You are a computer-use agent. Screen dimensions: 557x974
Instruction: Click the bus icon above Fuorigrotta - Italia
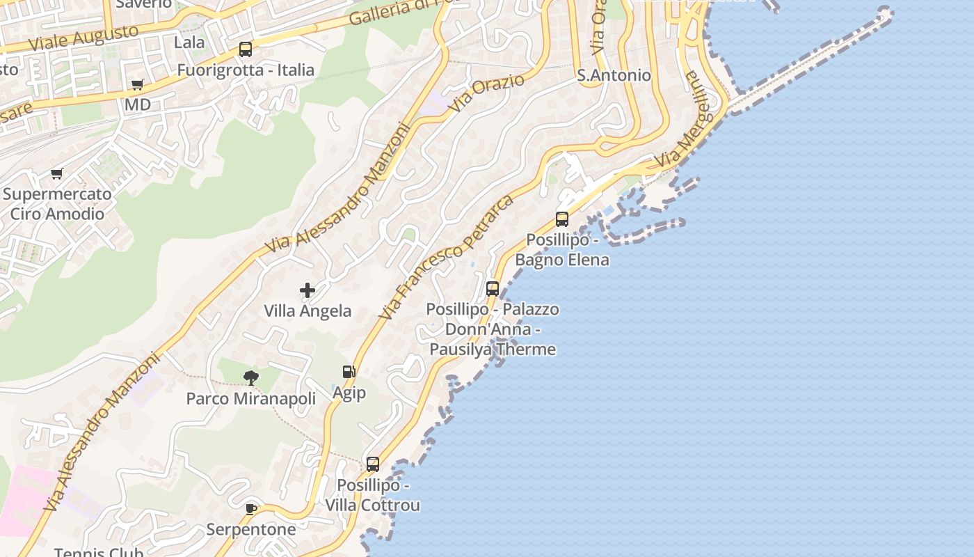pyautogui.click(x=246, y=49)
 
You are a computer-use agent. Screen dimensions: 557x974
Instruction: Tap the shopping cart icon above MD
pyautogui.click(x=138, y=84)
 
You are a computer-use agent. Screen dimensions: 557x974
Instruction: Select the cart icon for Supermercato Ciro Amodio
pyautogui.click(x=56, y=173)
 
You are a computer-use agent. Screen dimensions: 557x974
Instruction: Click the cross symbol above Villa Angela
pyautogui.click(x=308, y=290)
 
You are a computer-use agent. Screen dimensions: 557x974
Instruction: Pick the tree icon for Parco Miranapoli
pyautogui.click(x=251, y=378)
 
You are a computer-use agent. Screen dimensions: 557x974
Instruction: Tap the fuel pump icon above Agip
pyautogui.click(x=349, y=372)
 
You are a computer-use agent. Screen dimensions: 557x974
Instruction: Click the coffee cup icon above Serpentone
pyautogui.click(x=251, y=509)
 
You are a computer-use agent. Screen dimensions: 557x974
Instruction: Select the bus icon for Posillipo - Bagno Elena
pyautogui.click(x=562, y=219)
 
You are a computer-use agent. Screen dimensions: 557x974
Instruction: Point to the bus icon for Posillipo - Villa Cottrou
pyautogui.click(x=373, y=464)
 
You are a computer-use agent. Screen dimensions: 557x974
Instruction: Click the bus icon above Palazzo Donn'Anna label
pyautogui.click(x=493, y=288)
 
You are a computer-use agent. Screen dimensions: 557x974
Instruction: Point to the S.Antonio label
pyautogui.click(x=614, y=75)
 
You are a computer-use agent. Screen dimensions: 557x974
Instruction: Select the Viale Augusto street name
pyautogui.click(x=83, y=38)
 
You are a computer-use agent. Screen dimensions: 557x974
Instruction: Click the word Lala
pyautogui.click(x=189, y=42)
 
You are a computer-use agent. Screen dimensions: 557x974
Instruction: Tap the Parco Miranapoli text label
pyautogui.click(x=250, y=399)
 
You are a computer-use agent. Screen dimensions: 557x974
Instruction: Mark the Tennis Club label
pyautogui.click(x=99, y=552)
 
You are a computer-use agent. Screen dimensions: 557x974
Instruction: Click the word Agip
pyautogui.click(x=349, y=393)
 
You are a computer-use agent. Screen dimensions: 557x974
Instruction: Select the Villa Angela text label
pyautogui.click(x=308, y=311)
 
